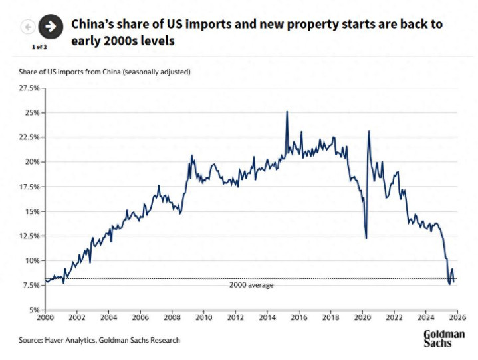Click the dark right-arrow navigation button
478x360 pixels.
50,27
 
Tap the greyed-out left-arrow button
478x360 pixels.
28,27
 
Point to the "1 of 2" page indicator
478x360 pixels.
39,47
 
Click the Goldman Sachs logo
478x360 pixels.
443,338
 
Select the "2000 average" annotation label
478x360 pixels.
251,285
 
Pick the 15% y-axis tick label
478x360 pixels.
31,211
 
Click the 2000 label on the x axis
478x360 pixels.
46,318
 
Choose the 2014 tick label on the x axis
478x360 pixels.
266,318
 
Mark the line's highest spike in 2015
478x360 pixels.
287,112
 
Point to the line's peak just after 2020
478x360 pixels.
369,132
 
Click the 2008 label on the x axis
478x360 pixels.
172,318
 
